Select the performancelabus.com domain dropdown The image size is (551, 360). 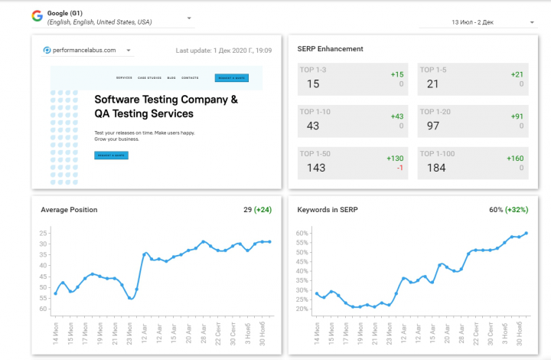tap(87, 51)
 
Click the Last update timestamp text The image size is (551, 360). tap(223, 51)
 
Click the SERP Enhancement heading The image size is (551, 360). tap(330, 49)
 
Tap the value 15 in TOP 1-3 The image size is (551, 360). tap(312, 84)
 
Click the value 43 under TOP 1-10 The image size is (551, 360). tap(312, 126)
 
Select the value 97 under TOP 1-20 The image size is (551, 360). tap(433, 126)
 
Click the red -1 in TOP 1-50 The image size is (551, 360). tap(399, 167)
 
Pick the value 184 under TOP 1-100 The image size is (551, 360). tap(436, 168)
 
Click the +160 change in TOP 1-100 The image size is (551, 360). tap(515, 158)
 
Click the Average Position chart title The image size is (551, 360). tap(69, 210)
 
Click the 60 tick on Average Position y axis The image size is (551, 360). tap(43, 309)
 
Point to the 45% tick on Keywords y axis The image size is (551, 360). tap(302, 266)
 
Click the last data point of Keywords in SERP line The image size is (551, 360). tap(527, 233)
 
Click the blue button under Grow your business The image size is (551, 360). tap(111, 155)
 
